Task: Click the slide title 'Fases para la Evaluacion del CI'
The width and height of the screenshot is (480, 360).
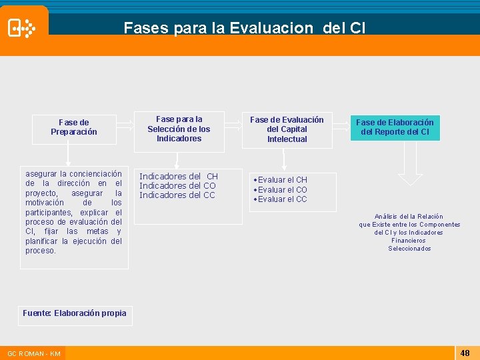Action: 244,28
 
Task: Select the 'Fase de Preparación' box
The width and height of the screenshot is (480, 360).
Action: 74,127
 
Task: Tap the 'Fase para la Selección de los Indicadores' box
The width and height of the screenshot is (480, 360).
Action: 179,129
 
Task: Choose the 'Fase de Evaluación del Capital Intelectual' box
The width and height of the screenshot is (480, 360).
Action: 287,129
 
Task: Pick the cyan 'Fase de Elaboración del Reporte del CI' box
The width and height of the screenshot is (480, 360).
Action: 395,127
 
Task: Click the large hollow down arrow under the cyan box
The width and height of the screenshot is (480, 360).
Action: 410,163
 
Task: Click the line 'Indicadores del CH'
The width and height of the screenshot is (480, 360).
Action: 178,176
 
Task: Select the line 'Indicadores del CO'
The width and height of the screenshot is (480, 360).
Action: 177,185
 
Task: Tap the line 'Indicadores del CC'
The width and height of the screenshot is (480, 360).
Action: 177,195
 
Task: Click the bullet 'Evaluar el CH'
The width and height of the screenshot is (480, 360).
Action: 282,180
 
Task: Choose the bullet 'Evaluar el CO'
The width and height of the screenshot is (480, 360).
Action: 282,190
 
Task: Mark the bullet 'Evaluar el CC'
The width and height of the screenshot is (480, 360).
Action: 282,199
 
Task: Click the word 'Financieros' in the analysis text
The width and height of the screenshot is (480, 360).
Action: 409,241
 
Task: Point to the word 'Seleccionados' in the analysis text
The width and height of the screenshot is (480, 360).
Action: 409,249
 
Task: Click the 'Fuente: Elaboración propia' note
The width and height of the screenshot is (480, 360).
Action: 75,313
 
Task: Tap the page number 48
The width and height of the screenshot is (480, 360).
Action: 465,352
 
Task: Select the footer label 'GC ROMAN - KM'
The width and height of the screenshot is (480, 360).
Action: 34,353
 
